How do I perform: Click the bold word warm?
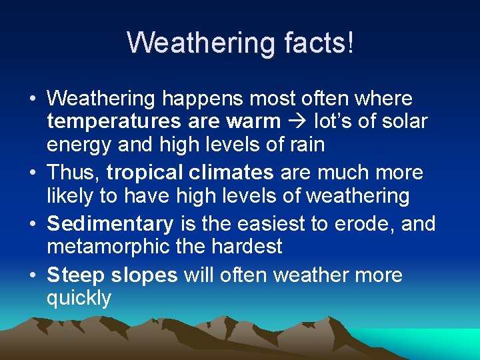pyautogui.click(x=253, y=122)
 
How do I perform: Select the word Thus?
pyautogui.click(x=73, y=173)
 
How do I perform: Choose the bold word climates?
pyautogui.click(x=231, y=173)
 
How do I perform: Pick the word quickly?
pyautogui.click(x=79, y=298)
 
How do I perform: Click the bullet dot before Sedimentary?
pyautogui.click(x=33, y=224)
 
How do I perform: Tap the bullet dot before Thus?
pyautogui.click(x=33, y=173)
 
